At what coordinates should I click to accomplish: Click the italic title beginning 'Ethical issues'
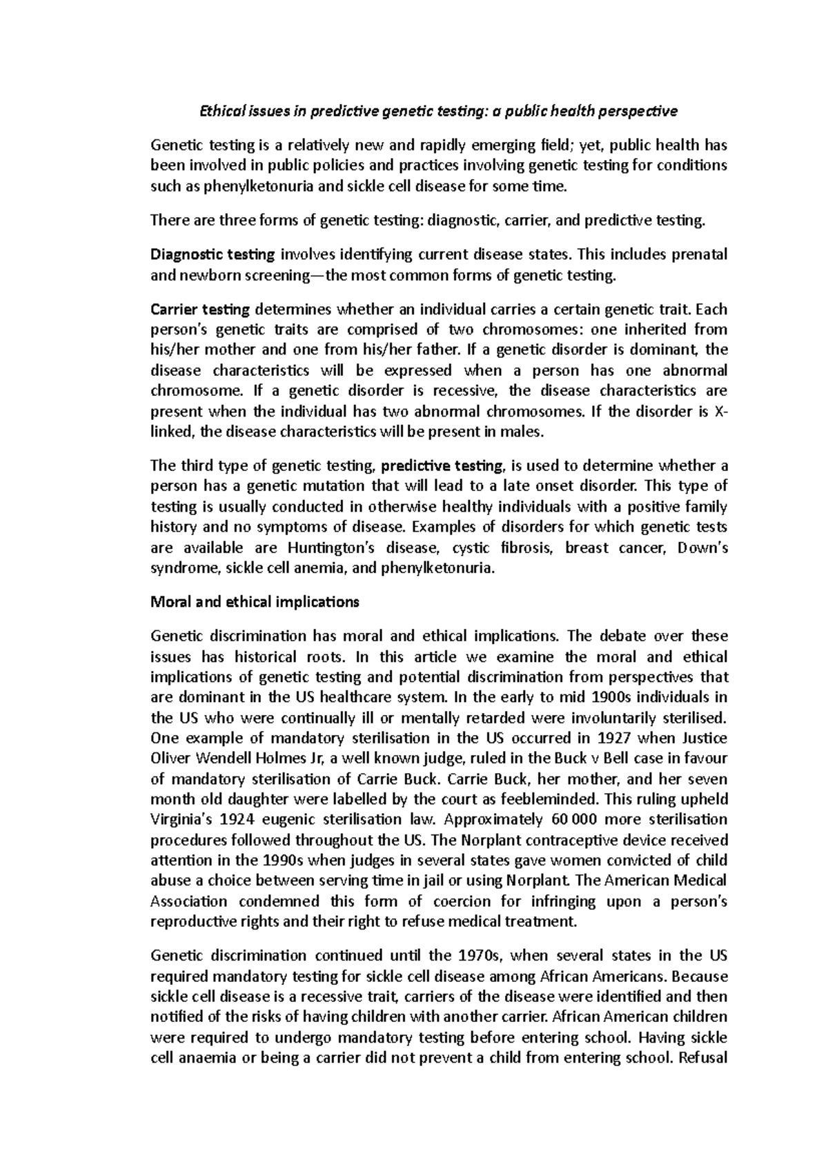(438, 111)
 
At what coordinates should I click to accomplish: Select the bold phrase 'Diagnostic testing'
(213, 254)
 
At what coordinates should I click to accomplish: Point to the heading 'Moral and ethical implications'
(255, 602)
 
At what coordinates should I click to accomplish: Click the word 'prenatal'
(699, 254)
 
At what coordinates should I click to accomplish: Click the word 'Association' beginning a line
(188, 901)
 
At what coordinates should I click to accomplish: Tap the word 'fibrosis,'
(524, 548)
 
